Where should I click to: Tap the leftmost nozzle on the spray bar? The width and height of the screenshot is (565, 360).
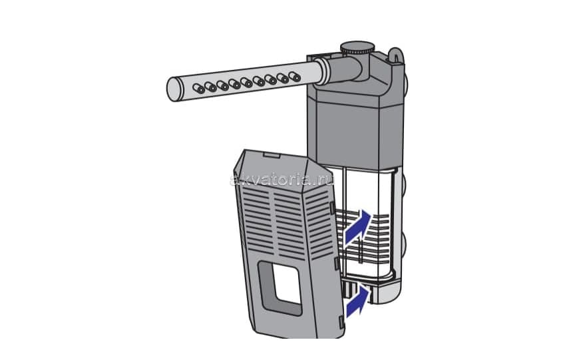[198, 88]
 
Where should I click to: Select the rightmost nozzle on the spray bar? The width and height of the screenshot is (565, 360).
[295, 77]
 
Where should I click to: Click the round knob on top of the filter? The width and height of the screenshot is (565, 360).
[358, 47]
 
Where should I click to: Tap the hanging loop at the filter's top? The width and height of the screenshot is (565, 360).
[395, 55]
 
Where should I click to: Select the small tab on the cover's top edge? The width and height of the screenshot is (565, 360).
[272, 155]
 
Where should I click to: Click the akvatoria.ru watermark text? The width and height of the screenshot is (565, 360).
[282, 180]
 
